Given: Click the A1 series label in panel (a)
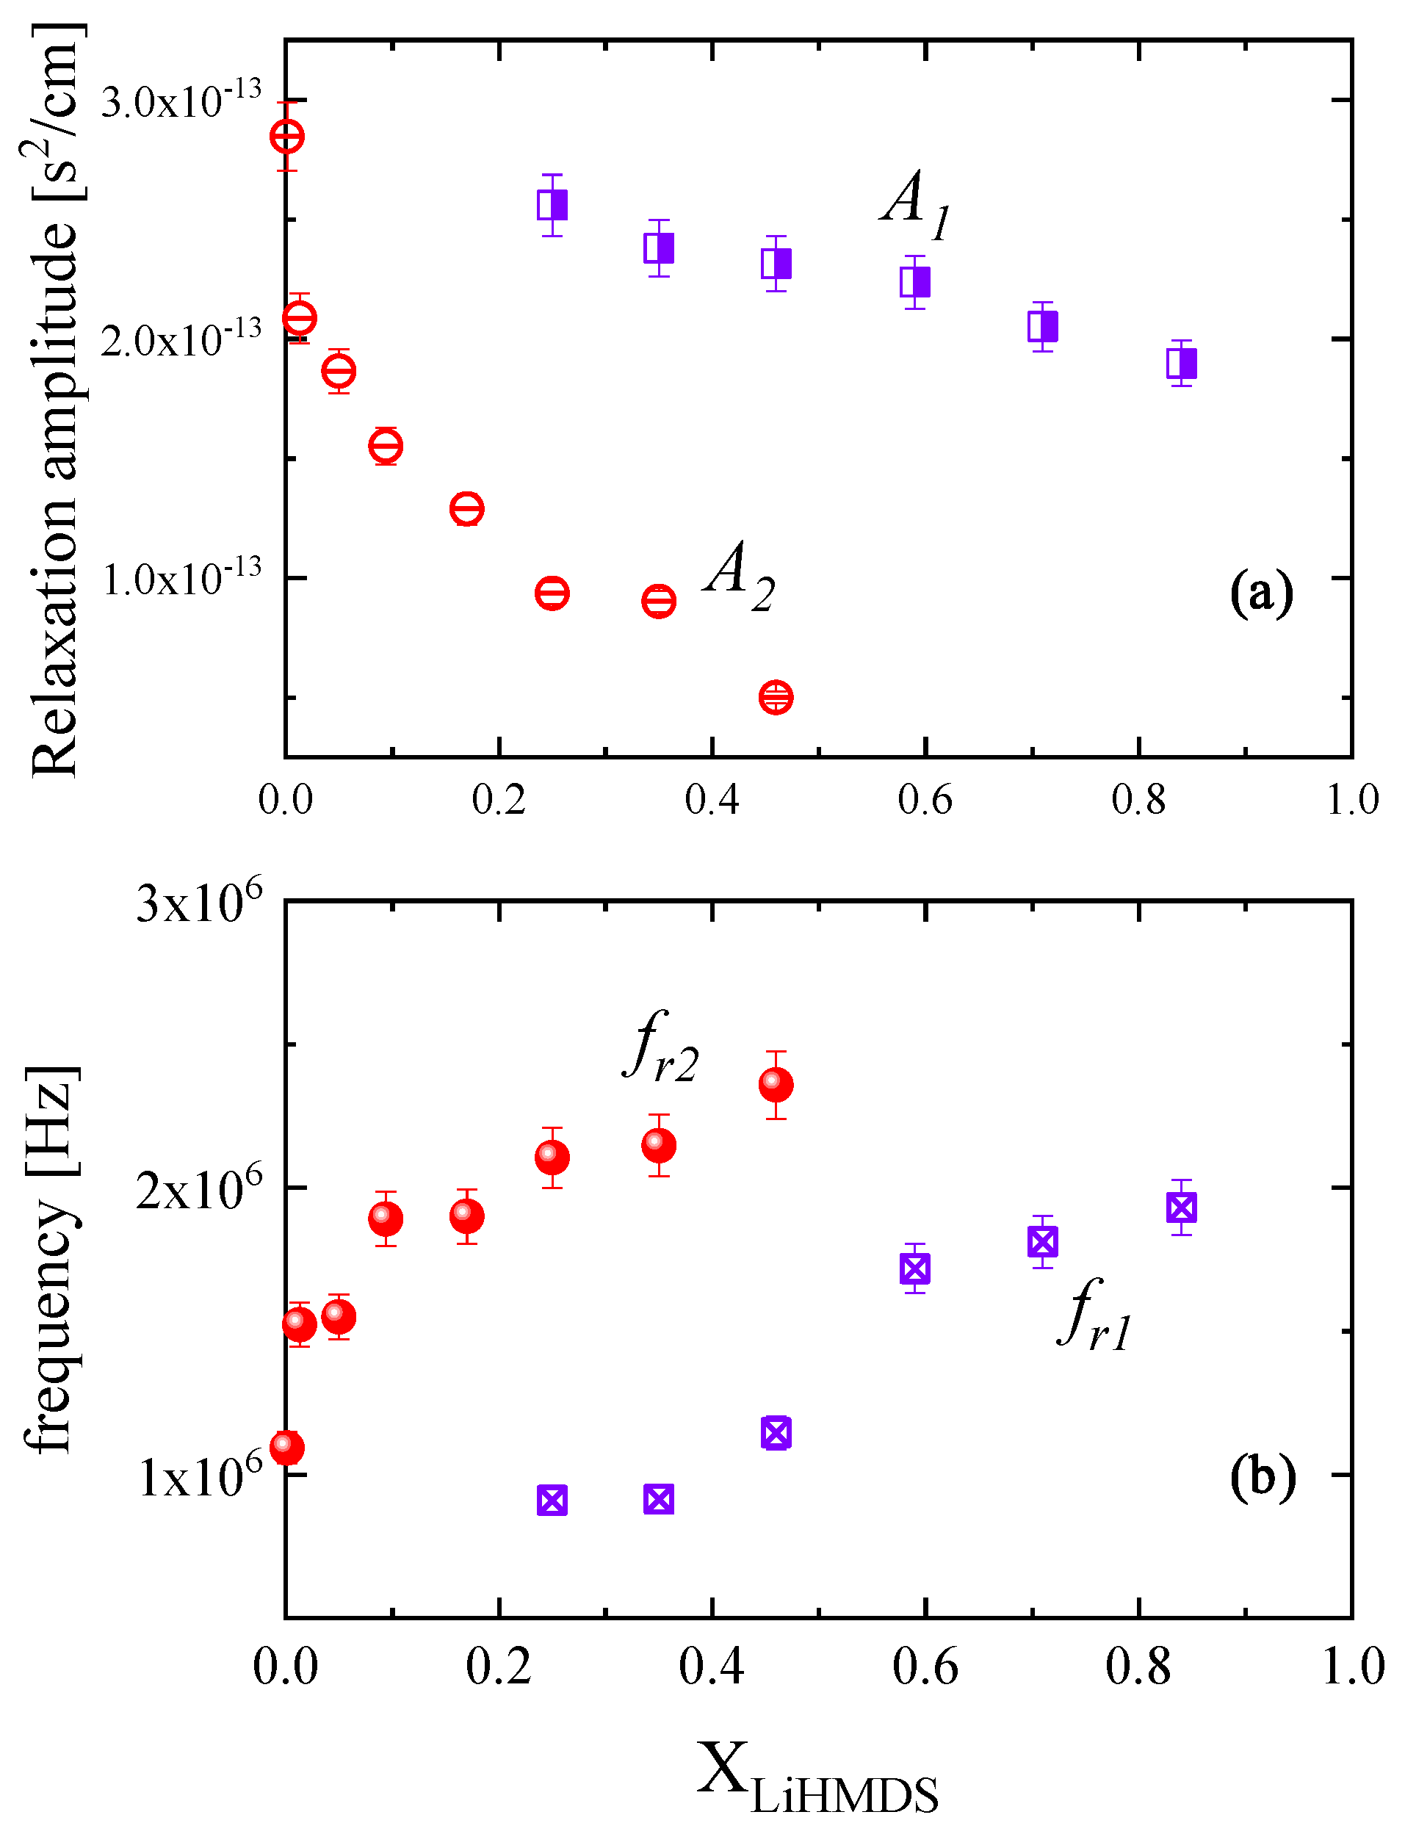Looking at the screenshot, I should [917, 204].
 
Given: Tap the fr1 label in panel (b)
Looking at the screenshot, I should [1096, 1315].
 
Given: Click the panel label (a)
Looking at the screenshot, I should [1261, 593].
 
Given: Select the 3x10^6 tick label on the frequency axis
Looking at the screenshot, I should [199, 903].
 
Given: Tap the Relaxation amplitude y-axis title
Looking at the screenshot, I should [55, 402].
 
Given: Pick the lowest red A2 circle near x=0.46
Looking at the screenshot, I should [776, 696].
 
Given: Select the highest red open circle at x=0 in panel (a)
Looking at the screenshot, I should [287, 135].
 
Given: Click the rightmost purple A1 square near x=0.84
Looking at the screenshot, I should [1182, 363].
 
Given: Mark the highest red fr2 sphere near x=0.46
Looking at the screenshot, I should [776, 1084].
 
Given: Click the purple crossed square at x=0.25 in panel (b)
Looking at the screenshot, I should [552, 1501].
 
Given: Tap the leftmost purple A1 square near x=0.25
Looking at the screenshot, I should [552, 205].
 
